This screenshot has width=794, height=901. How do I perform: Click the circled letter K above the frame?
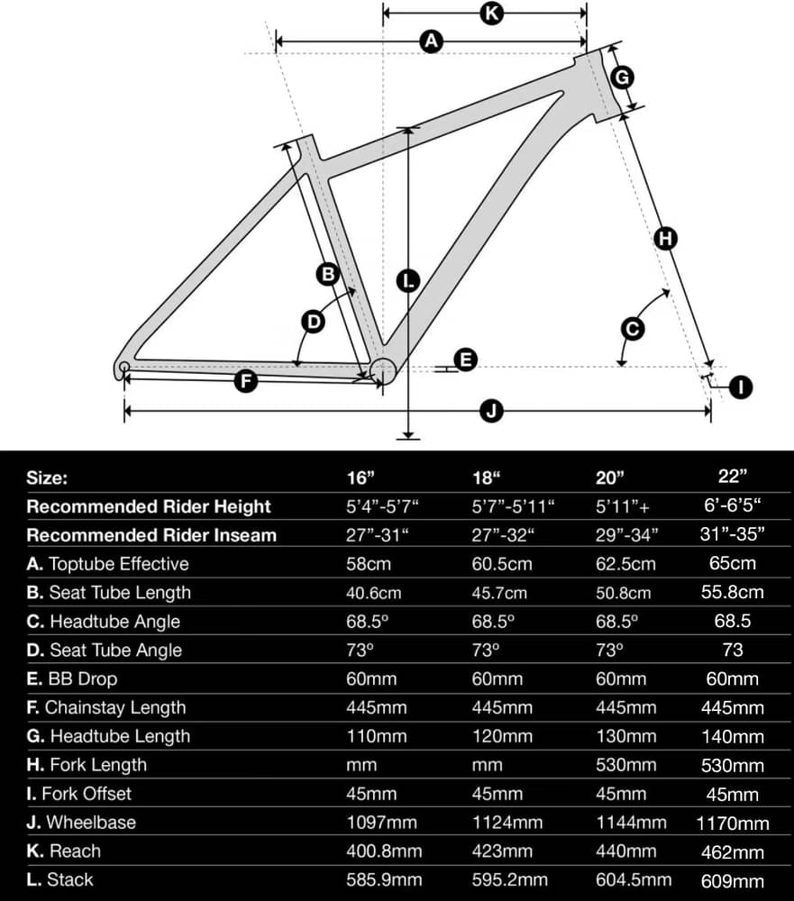pos(491,13)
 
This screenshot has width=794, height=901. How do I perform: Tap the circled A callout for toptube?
pos(431,41)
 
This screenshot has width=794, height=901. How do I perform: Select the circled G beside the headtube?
pos(622,77)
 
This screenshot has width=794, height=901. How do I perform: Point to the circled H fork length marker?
pos(666,238)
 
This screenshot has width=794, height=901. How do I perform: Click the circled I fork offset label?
pos(741,387)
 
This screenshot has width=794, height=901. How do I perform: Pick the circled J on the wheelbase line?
pos(491,412)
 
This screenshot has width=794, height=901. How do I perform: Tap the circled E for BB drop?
pos(465,359)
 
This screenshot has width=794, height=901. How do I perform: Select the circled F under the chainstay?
pos(246,381)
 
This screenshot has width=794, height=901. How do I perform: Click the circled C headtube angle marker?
pos(633,329)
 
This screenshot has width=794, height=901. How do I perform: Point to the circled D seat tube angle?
pos(314,322)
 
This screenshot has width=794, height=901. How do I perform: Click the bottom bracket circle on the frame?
pos(383,371)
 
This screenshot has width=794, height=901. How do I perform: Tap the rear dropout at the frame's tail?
pos(123,368)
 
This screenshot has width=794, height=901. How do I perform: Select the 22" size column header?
pos(732,476)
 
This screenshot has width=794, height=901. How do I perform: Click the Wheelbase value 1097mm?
pos(382,823)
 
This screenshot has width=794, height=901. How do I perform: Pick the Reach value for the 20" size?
pos(626,851)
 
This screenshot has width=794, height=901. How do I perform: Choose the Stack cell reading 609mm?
pos(733,881)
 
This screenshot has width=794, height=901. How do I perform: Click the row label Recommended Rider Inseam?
pos(151,535)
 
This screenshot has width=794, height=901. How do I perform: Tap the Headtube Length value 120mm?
pos(502,736)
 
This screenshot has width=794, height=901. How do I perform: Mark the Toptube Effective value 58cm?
pos(369,564)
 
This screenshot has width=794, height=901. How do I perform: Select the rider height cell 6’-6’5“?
pos(733,505)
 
